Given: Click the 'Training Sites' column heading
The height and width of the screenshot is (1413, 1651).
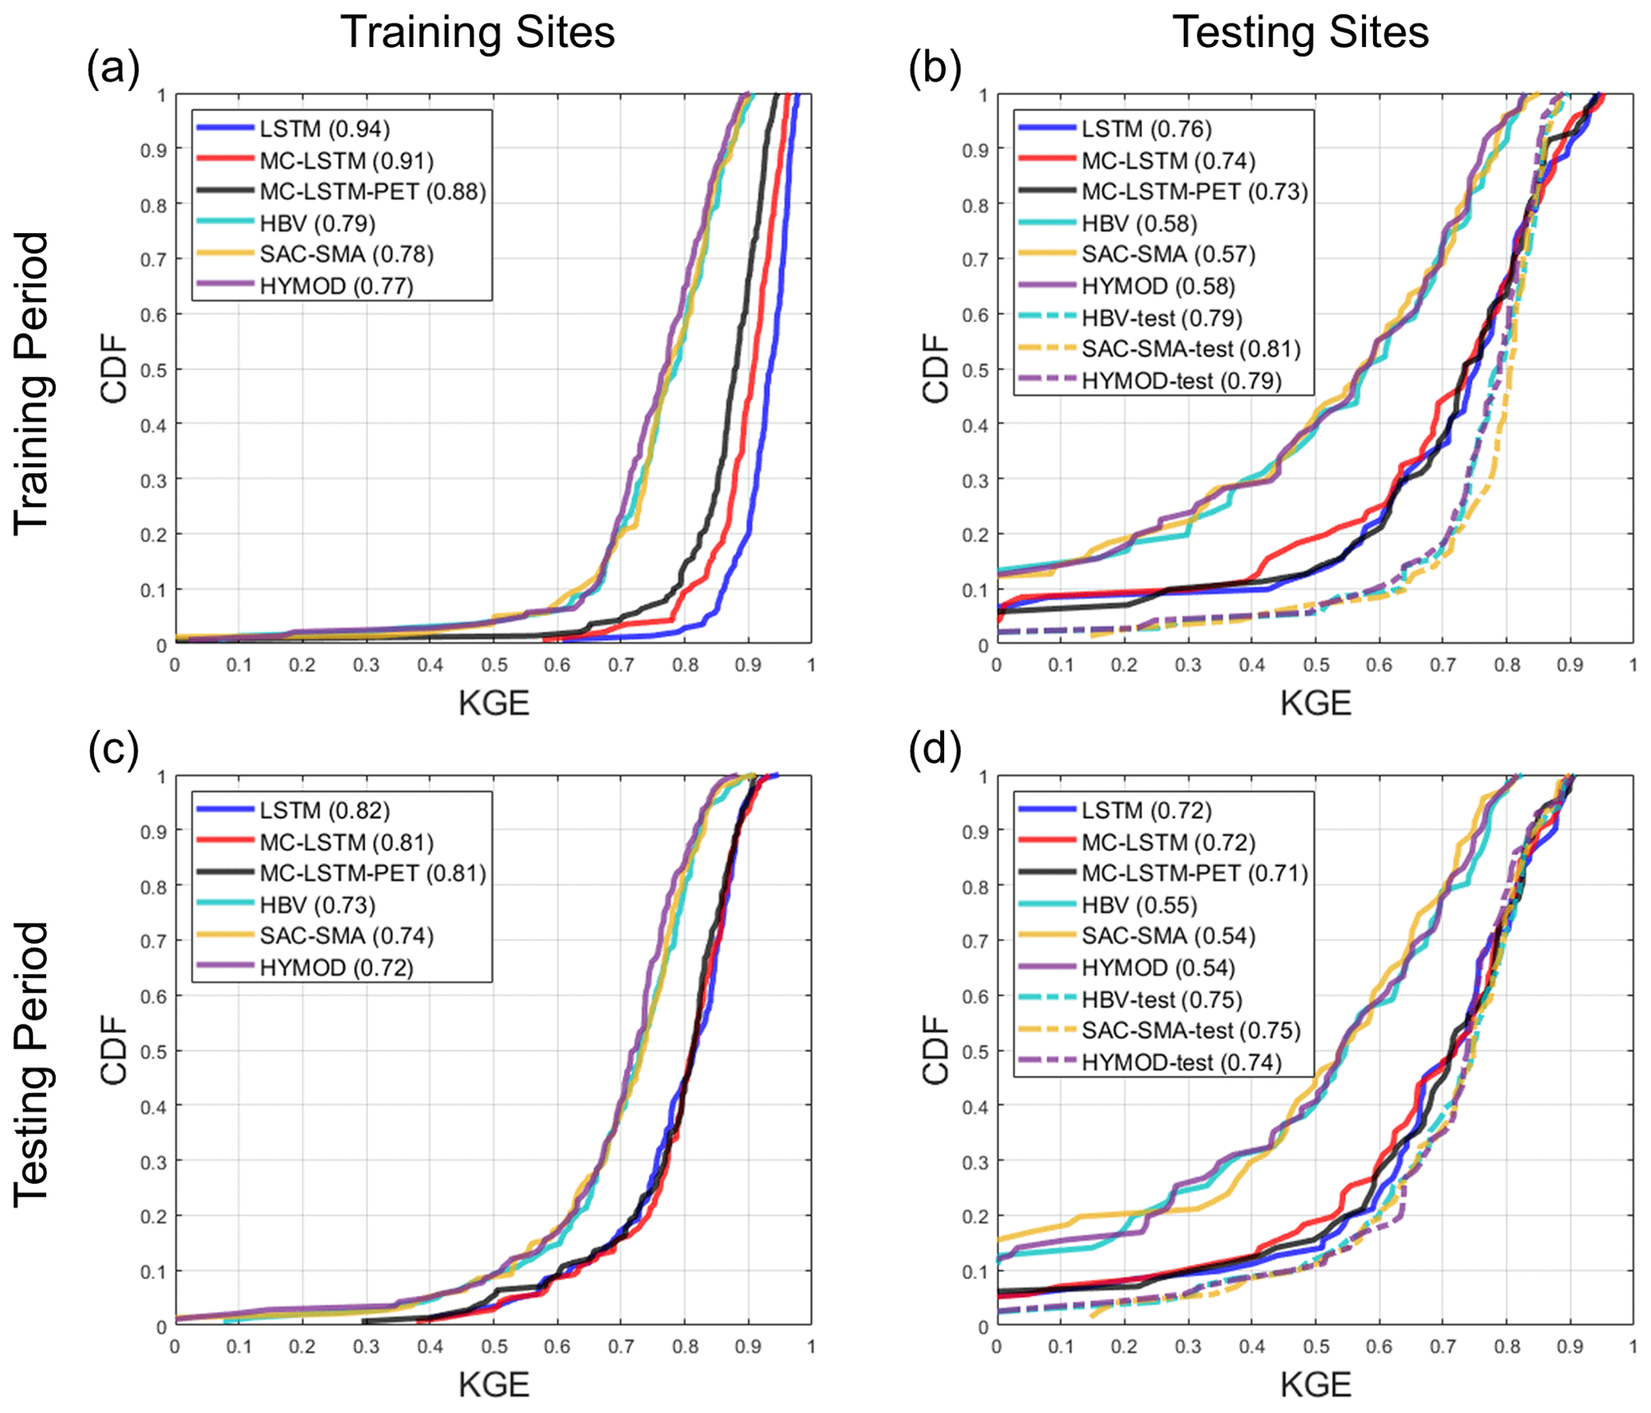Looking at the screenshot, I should click(478, 33).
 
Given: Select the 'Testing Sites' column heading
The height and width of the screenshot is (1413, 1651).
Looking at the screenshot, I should click(1300, 33).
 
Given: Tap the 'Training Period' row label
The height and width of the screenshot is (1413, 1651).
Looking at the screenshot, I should click(33, 383).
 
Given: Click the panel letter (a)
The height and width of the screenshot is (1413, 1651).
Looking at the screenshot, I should click(113, 69).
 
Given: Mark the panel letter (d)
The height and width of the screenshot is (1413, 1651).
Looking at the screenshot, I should click(935, 751).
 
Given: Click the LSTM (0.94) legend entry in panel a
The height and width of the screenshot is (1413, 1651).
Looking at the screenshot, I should click(324, 129).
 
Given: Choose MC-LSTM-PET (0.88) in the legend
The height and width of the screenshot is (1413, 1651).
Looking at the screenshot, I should click(372, 192).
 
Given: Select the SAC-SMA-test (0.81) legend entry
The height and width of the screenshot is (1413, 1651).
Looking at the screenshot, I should click(1190, 349).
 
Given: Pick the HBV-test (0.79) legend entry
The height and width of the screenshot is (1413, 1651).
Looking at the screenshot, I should click(1161, 318).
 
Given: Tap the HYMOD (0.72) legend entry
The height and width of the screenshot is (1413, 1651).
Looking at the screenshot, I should click(336, 968).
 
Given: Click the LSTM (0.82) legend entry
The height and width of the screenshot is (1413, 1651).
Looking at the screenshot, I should click(324, 810).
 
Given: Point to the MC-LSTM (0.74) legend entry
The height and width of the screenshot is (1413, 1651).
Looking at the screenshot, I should click(1168, 160).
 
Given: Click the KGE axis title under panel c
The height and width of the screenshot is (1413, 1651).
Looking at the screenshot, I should click(494, 1385).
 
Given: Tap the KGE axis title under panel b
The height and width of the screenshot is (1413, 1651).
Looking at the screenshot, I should click(1316, 703).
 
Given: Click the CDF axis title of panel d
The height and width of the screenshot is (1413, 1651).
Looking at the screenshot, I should click(935, 1050).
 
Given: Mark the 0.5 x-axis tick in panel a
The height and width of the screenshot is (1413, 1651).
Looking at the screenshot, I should click(494, 665).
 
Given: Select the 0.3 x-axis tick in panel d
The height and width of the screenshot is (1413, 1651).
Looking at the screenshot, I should click(1188, 1347).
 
